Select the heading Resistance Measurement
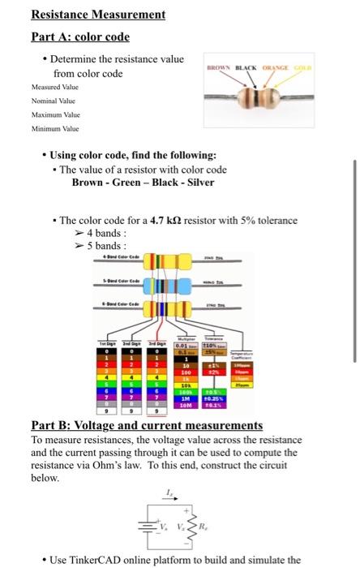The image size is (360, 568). click(x=98, y=15)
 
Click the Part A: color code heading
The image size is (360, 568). click(x=79, y=37)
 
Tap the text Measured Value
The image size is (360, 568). click(x=55, y=87)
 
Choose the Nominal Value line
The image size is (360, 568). click(x=54, y=101)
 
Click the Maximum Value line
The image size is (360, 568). click(x=55, y=114)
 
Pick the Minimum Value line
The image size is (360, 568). click(x=54, y=128)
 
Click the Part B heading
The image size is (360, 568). click(x=147, y=425)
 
